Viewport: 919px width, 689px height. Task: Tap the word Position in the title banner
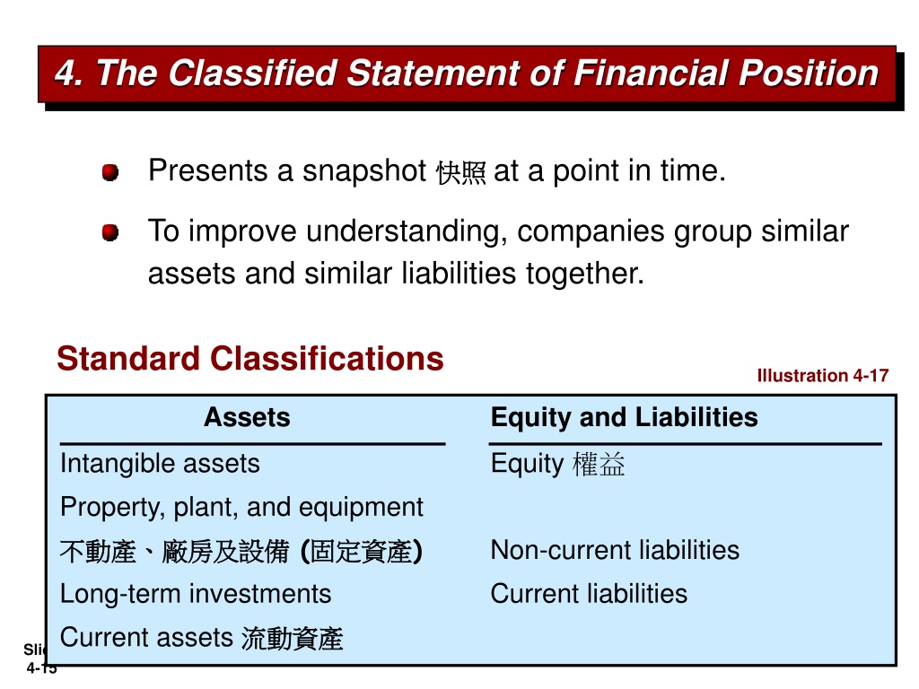pyautogui.click(x=809, y=74)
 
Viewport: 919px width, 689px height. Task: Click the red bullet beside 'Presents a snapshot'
pyautogui.click(x=110, y=172)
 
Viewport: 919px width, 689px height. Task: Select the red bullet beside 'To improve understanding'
pyautogui.click(x=110, y=232)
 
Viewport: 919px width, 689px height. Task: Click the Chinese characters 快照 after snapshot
pyautogui.click(x=460, y=173)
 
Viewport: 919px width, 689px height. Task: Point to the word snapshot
pyautogui.click(x=364, y=171)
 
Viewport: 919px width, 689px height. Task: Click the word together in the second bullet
pyautogui.click(x=585, y=274)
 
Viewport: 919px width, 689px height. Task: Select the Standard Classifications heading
pyautogui.click(x=250, y=359)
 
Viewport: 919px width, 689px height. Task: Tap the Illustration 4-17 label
pyautogui.click(x=823, y=376)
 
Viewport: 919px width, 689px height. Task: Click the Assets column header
pyautogui.click(x=248, y=418)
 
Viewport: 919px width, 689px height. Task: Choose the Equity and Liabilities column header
pyautogui.click(x=625, y=418)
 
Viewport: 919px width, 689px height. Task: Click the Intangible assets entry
pyautogui.click(x=160, y=464)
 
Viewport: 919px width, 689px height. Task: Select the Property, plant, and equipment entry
pyautogui.click(x=241, y=508)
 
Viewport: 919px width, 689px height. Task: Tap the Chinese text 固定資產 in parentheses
pyautogui.click(x=361, y=552)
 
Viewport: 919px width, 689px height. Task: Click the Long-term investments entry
pyautogui.click(x=196, y=594)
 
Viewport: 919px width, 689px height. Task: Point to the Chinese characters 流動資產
pyautogui.click(x=292, y=639)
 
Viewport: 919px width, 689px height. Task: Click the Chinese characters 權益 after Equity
pyautogui.click(x=599, y=464)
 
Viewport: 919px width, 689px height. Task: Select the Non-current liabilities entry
pyautogui.click(x=615, y=551)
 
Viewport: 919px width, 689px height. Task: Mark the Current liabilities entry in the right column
pyautogui.click(x=589, y=594)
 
